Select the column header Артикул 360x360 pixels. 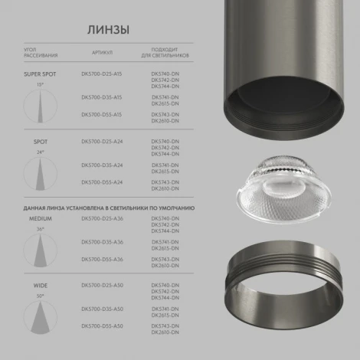click(x=101, y=54)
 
